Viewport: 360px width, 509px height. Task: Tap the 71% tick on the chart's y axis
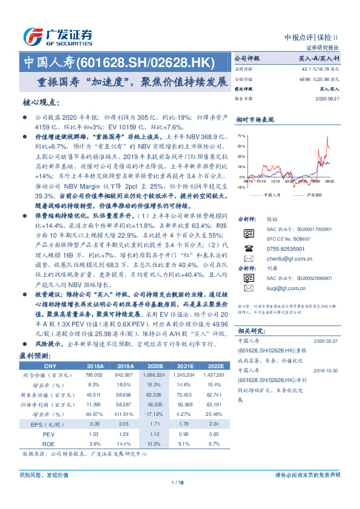click(241, 136)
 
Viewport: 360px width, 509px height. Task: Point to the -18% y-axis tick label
click(240, 187)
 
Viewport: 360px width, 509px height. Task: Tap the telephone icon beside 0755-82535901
click(248, 248)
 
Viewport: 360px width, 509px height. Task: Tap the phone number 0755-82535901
click(285, 248)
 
